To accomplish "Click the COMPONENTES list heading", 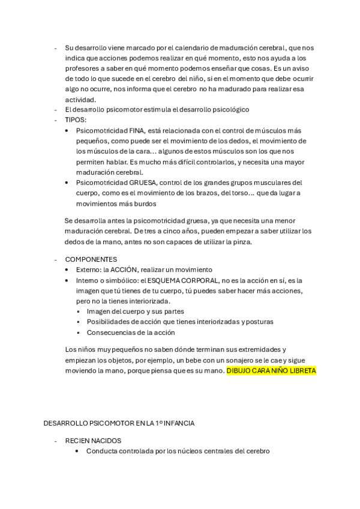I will [x=91, y=259].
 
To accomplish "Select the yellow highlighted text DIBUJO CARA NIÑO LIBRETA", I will [x=271, y=371].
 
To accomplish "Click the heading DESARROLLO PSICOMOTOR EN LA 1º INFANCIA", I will [x=119, y=423].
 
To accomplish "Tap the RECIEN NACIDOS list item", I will [x=92, y=440].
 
